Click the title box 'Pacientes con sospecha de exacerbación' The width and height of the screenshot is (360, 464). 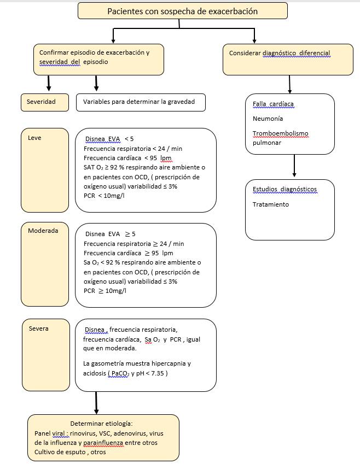tap(182, 11)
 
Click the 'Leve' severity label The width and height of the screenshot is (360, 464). tap(34, 138)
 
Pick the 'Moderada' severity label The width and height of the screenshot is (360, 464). tap(43, 231)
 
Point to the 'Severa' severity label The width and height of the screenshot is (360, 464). tap(38, 328)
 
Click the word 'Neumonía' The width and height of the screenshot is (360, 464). tap(268, 118)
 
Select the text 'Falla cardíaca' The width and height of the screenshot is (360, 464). tap(274, 103)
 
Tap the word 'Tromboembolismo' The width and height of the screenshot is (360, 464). tap(280, 133)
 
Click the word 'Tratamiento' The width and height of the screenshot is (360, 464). tap(271, 204)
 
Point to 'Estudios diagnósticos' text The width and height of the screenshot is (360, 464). tap(284, 190)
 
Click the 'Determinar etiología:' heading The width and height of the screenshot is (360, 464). tap(102, 424)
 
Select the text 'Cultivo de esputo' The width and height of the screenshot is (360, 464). tap(57, 452)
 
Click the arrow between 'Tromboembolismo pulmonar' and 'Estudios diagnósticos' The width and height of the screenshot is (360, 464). tap(294, 166)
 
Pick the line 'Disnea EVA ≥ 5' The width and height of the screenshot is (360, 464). tap(111, 234)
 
